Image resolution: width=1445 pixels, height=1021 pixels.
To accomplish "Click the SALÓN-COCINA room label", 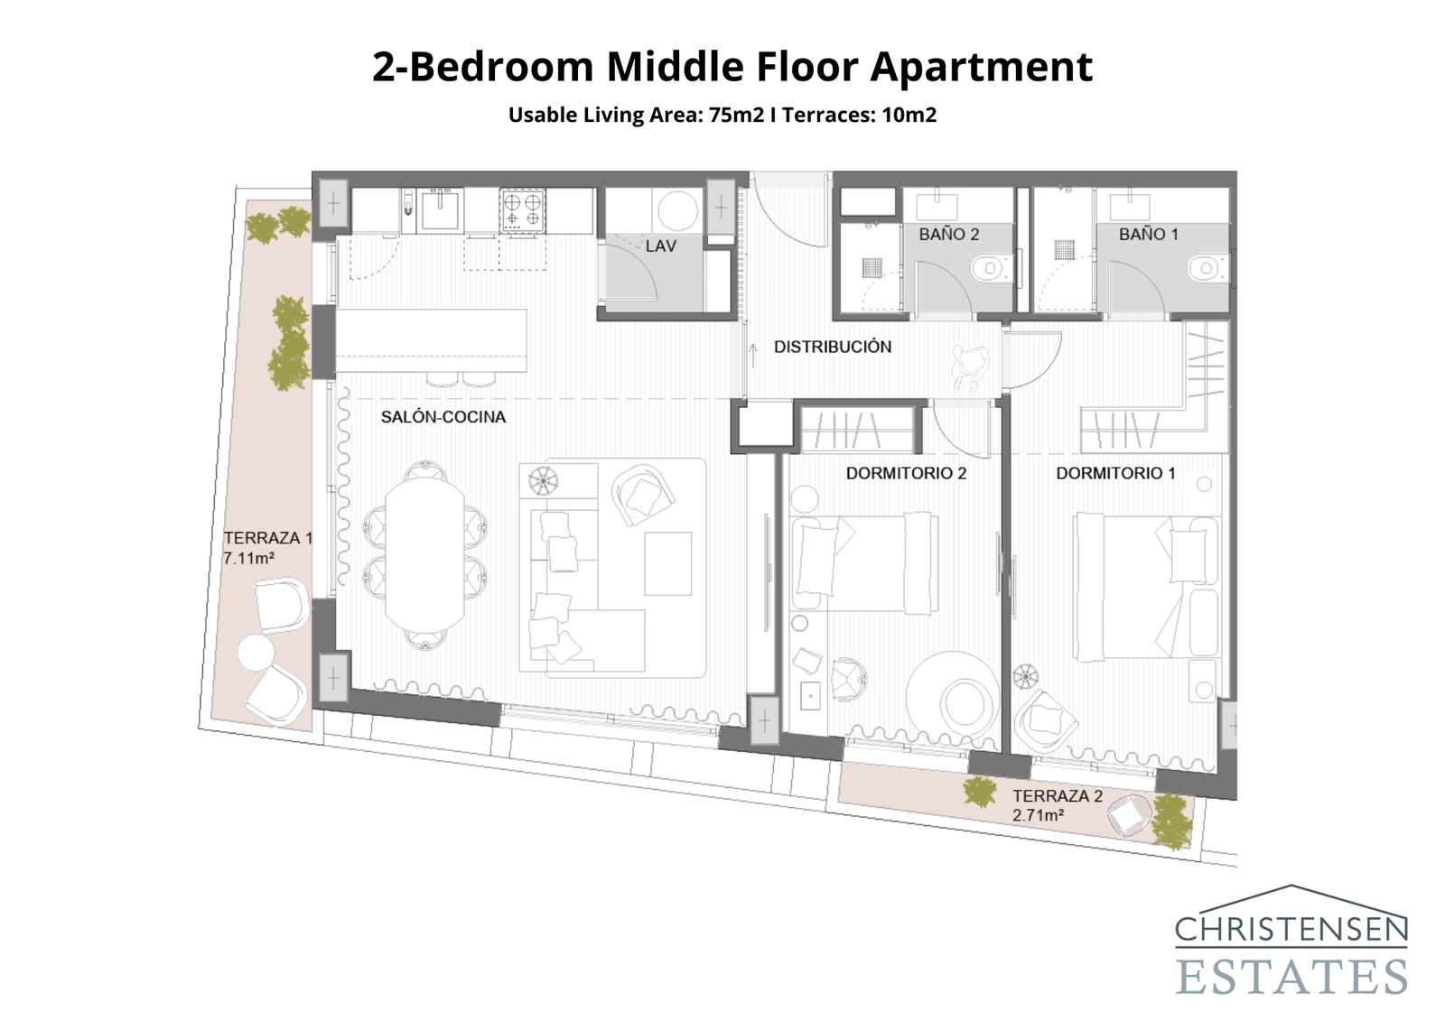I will (x=443, y=417).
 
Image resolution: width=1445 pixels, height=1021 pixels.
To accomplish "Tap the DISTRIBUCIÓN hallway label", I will (x=832, y=347).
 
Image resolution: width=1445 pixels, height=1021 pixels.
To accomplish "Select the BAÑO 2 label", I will (x=948, y=235).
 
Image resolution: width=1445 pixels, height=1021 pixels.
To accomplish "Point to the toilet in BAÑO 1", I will (x=1205, y=268).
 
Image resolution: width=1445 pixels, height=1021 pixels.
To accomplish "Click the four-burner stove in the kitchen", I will (x=522, y=210).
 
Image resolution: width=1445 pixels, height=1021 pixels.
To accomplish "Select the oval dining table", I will (x=424, y=554).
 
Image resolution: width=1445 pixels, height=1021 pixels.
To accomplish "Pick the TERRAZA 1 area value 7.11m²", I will (x=248, y=559).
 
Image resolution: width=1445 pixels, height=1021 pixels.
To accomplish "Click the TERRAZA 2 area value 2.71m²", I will (x=1037, y=815).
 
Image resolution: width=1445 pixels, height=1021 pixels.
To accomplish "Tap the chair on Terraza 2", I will (x=1129, y=815).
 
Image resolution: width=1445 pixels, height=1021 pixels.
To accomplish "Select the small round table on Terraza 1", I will (x=256, y=653).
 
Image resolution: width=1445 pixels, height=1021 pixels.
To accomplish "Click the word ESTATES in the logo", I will (x=1291, y=977).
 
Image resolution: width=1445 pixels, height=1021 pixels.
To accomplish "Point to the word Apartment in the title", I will (x=981, y=67).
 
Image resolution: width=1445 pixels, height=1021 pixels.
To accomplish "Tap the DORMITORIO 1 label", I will (x=1115, y=473).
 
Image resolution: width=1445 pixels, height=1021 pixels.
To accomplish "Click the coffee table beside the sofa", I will (x=667, y=563).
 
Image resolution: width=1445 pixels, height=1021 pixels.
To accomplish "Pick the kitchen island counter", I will (x=431, y=340).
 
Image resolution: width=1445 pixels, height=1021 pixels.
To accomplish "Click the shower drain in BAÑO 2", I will (x=872, y=266).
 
